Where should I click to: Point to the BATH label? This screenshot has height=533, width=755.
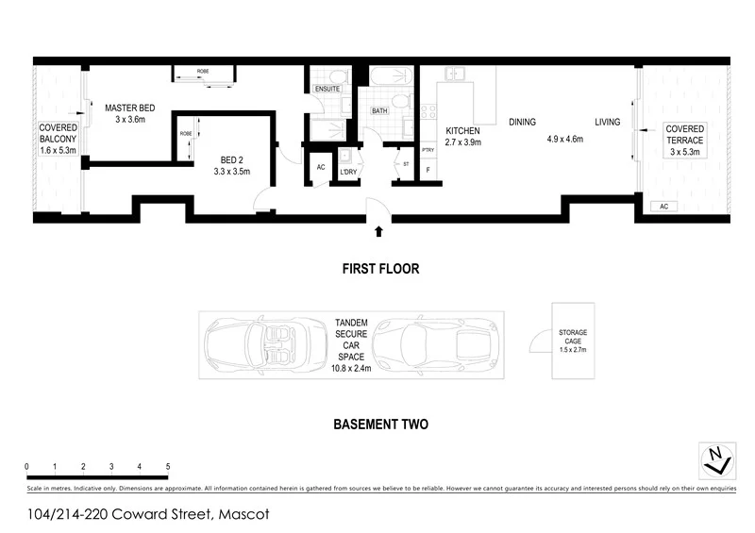(x=379, y=110)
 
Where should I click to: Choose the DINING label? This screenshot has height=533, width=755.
(x=522, y=122)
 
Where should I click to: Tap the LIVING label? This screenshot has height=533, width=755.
(x=607, y=122)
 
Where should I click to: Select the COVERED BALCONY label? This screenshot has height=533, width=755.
(x=57, y=138)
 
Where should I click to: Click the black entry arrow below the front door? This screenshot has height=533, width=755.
(x=379, y=229)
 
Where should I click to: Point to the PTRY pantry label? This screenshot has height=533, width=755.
(x=428, y=150)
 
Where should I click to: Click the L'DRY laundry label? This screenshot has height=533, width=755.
(x=347, y=172)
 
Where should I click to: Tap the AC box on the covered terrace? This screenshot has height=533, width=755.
(x=663, y=206)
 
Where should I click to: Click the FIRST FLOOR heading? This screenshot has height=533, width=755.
(x=380, y=269)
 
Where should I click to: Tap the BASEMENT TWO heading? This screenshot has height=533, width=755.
(x=380, y=425)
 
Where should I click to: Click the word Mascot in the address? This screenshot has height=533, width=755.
(x=244, y=515)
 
